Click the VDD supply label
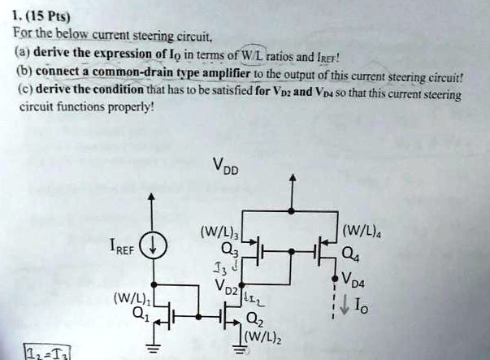tap(226, 167)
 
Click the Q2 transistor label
tap(254, 319)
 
